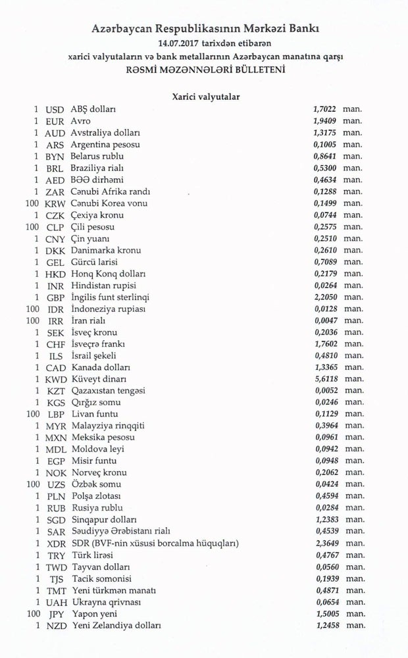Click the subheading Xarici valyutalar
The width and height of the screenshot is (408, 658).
point(205,97)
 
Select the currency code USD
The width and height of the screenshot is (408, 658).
point(55,110)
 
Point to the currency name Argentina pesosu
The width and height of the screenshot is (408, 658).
point(105,145)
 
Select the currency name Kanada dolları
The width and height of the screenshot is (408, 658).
point(100,367)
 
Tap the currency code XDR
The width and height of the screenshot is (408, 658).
point(56,544)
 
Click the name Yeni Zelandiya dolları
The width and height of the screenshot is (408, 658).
point(116,626)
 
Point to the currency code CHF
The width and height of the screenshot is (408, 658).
point(55,344)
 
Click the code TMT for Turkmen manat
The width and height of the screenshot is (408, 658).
point(56,590)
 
